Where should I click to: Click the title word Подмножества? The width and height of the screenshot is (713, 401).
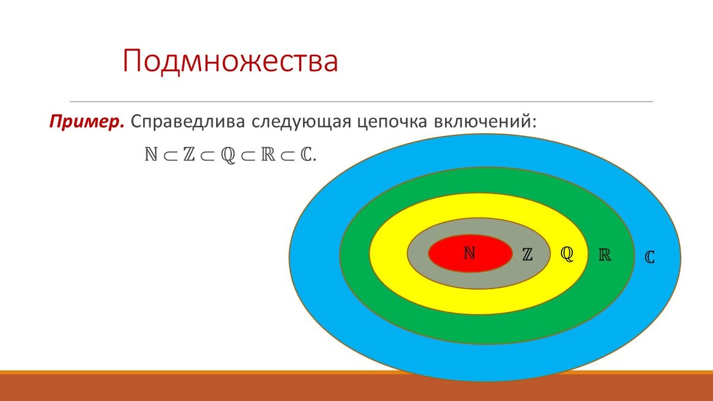pyautogui.click(x=230, y=61)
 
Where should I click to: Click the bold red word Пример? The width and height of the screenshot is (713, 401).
pyautogui.click(x=87, y=122)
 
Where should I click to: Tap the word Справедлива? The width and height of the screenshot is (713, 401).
pyautogui.click(x=188, y=122)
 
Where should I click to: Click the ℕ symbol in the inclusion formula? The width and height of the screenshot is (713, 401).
pyautogui.click(x=151, y=154)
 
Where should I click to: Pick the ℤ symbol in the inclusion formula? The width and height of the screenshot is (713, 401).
pyautogui.click(x=189, y=154)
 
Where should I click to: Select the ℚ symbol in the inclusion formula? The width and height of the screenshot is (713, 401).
pyautogui.click(x=228, y=155)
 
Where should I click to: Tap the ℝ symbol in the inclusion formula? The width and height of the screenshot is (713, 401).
pyautogui.click(x=268, y=154)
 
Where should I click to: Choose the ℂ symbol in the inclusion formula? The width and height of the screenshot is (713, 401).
pyautogui.click(x=305, y=154)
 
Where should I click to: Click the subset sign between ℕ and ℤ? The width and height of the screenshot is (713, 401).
pyautogui.click(x=170, y=156)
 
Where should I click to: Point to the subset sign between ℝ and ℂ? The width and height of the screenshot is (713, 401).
pyautogui.click(x=288, y=156)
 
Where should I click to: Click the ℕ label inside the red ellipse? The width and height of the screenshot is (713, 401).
pyautogui.click(x=469, y=253)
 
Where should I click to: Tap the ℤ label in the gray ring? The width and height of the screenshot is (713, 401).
pyautogui.click(x=528, y=255)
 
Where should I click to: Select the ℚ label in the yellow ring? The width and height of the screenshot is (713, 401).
pyautogui.click(x=567, y=254)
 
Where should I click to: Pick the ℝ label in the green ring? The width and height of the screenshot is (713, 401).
pyautogui.click(x=605, y=255)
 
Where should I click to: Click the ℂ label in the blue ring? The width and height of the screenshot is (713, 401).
pyautogui.click(x=649, y=257)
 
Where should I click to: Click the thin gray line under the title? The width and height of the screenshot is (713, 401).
pyautogui.click(x=361, y=102)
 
